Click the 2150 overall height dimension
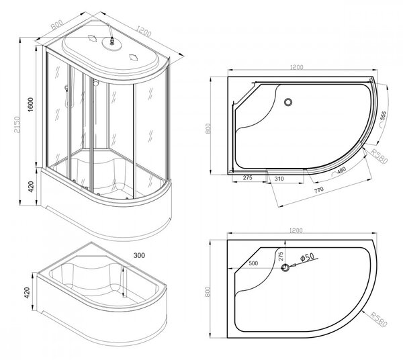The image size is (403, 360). click(x=17, y=125)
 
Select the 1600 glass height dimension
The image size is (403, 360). click(x=31, y=104)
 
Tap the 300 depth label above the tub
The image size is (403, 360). click(x=139, y=255)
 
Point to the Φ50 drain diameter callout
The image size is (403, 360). click(x=307, y=257)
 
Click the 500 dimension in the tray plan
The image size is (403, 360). click(x=253, y=263)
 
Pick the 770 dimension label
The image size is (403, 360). click(x=318, y=190)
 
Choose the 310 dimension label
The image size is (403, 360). click(x=279, y=179)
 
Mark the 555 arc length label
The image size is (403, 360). click(x=384, y=116)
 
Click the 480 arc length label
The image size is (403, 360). click(x=341, y=171)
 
